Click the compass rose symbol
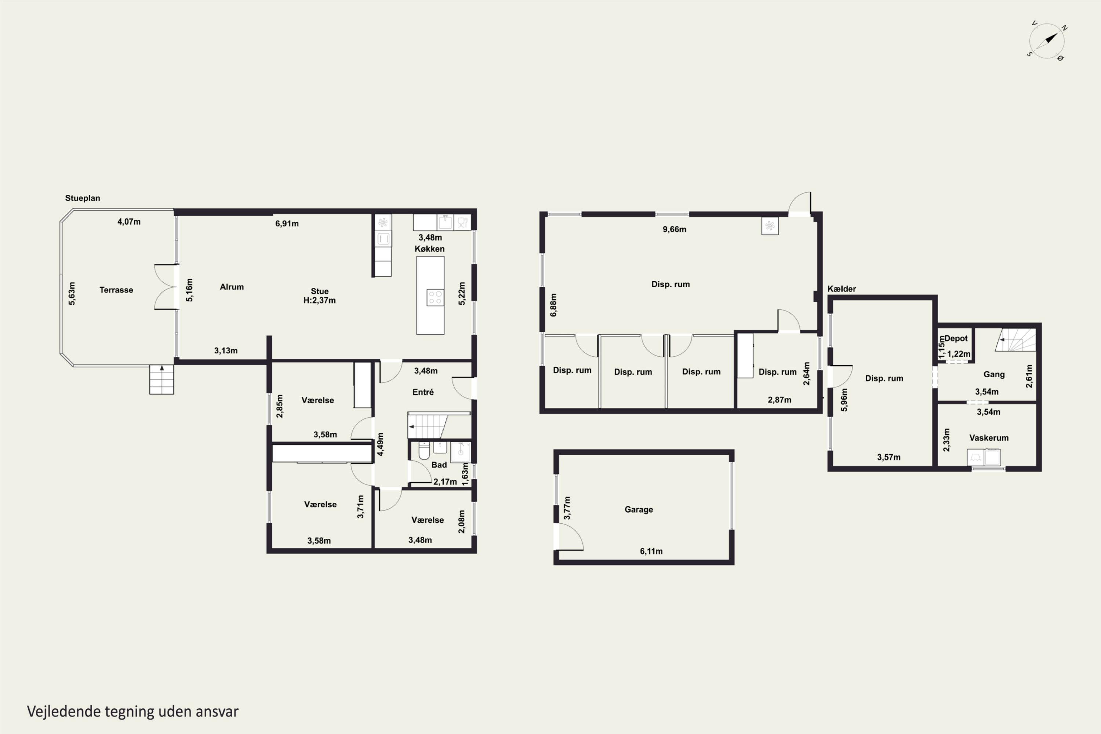pyautogui.click(x=1047, y=41)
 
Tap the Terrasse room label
pyautogui.click(x=116, y=290)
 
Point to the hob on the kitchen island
pyautogui.click(x=435, y=297)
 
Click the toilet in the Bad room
pyautogui.click(x=424, y=450)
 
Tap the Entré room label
pyautogui.click(x=423, y=392)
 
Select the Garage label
pyautogui.click(x=639, y=509)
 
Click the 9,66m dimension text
pyautogui.click(x=675, y=229)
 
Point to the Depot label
pyautogui.click(x=956, y=338)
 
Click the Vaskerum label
pyautogui.click(x=989, y=438)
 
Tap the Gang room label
pyautogui.click(x=994, y=374)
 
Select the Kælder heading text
pyautogui.click(x=842, y=289)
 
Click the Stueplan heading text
pyautogui.click(x=82, y=198)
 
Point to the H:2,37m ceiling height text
pyautogui.click(x=319, y=301)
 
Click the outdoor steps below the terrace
pyautogui.click(x=161, y=379)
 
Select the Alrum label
pyautogui.click(x=232, y=287)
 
